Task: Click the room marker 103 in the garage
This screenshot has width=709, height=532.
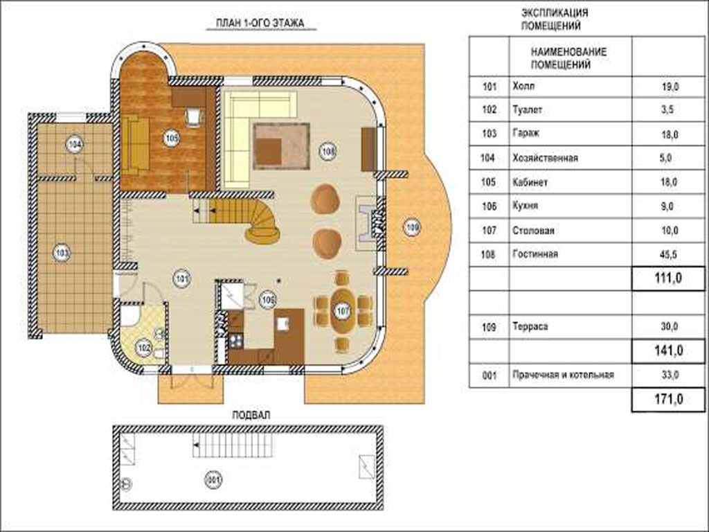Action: (x=62, y=253)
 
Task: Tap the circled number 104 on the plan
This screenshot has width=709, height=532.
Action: (x=75, y=145)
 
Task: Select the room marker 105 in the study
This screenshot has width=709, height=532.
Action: (x=171, y=138)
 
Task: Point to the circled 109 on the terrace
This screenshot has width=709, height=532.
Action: (x=411, y=227)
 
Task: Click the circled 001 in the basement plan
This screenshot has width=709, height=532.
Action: (x=213, y=479)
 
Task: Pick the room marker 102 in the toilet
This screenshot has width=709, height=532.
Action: (x=144, y=348)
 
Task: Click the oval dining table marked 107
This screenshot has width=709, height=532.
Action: (x=343, y=310)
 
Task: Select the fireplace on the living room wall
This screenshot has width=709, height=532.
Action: (x=370, y=222)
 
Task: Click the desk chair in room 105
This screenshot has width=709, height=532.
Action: (x=194, y=116)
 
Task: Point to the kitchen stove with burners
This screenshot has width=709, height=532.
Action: (x=235, y=340)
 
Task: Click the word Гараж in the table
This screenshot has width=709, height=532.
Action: (x=526, y=134)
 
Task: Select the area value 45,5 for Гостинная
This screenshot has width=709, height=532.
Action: (x=669, y=255)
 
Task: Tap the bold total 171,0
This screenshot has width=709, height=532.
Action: (x=668, y=400)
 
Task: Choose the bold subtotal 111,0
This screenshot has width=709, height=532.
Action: (x=668, y=278)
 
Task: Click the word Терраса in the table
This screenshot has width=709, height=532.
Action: (x=530, y=327)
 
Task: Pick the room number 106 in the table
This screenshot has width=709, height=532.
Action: (x=490, y=206)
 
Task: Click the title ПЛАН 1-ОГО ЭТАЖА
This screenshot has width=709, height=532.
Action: (x=260, y=23)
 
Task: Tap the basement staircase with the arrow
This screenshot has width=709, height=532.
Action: (x=233, y=445)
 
